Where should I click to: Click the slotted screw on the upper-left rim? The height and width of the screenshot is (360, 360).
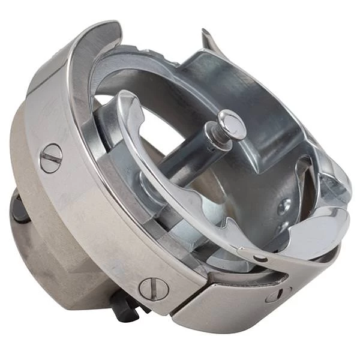coord(51,158)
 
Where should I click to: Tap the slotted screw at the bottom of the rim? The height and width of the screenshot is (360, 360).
coord(154,289)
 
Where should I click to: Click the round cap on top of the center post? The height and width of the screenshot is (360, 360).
coord(232,124)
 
